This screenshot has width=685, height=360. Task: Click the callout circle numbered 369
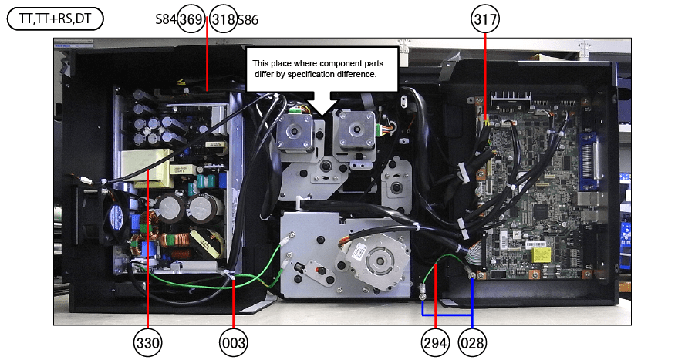click(191, 20)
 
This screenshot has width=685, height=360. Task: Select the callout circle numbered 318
click(223, 20)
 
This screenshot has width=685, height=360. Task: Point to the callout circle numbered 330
click(147, 340)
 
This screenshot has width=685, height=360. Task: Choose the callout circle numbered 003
click(233, 340)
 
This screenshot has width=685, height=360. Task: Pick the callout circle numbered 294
click(435, 340)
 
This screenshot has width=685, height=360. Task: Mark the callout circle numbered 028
click(472, 340)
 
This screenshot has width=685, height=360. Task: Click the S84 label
click(166, 20)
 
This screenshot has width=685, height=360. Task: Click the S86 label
click(248, 20)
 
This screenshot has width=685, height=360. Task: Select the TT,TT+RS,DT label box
click(55, 19)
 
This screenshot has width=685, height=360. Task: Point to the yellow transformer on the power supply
click(146, 165)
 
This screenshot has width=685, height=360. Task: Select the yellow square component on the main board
click(538, 251)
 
